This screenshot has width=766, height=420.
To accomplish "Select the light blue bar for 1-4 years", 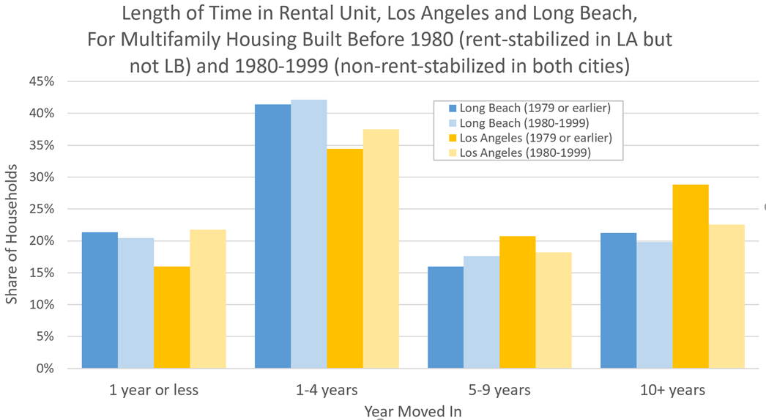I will click(x=308, y=234).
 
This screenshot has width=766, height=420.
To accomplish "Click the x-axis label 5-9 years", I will click(x=499, y=389).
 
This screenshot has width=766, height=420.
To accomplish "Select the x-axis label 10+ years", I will click(x=672, y=389).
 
